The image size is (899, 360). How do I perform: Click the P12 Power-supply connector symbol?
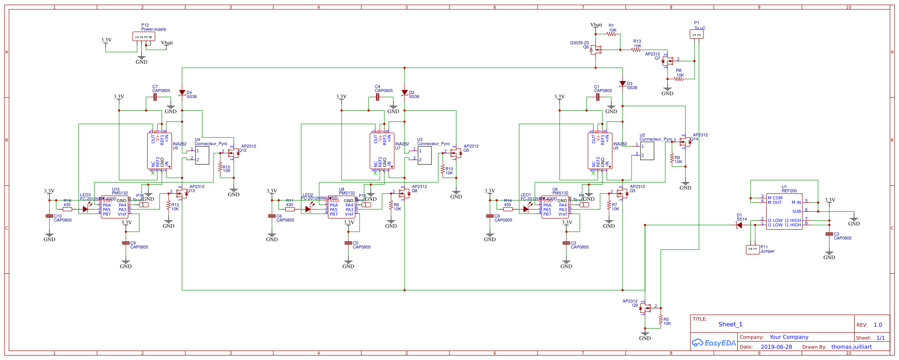(x=144, y=36)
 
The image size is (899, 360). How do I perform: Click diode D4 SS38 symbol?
(x=182, y=93)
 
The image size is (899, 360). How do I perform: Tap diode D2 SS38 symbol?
(x=405, y=93)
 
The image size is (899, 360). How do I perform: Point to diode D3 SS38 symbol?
(x=623, y=84)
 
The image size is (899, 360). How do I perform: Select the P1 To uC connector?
(x=696, y=34)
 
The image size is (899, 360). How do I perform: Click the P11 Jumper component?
(x=752, y=249)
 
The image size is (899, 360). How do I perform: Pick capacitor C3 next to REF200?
(x=829, y=234)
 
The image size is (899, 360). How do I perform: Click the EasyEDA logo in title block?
(x=713, y=343)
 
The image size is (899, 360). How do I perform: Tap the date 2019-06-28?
(x=776, y=347)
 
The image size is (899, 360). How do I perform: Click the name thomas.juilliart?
(x=851, y=347)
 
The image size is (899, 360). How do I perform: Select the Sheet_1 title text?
(x=730, y=324)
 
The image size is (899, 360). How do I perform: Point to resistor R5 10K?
(x=661, y=320)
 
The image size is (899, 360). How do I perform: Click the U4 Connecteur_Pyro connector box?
(x=202, y=156)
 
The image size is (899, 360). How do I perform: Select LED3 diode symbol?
(x=85, y=209)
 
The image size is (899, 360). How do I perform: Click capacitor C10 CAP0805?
(x=49, y=216)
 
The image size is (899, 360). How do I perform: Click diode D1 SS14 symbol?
(x=739, y=225)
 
